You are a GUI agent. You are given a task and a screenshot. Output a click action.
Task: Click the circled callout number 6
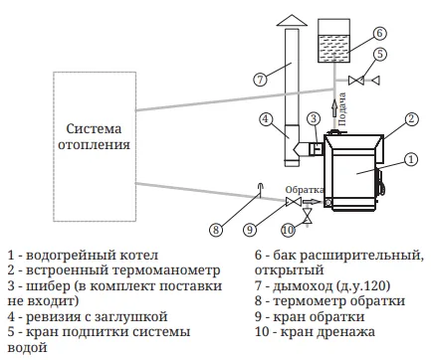(x=379, y=33)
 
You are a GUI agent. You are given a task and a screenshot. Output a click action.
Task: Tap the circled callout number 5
(x=380, y=54)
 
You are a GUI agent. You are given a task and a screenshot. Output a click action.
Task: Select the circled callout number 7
(x=260, y=80)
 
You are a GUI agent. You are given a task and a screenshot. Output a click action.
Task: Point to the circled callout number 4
(x=266, y=119)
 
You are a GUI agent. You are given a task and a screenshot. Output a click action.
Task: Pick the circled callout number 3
(x=314, y=118)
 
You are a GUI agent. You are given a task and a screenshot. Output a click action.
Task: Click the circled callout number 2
(x=411, y=119)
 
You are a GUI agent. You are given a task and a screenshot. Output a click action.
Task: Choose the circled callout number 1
(x=411, y=159)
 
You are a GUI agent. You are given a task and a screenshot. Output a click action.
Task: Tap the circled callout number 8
(x=216, y=230)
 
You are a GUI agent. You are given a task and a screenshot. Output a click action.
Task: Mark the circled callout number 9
(x=250, y=230)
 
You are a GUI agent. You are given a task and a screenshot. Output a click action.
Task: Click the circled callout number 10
(x=289, y=230)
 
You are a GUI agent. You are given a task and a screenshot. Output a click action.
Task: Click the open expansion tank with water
(x=333, y=41)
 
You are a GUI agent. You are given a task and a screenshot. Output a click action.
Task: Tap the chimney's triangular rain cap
(x=292, y=20)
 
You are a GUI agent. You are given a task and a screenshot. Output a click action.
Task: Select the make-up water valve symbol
(x=356, y=81)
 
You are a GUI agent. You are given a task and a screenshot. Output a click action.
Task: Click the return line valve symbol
(x=294, y=201)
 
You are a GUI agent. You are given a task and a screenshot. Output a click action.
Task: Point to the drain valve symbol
(x=308, y=217)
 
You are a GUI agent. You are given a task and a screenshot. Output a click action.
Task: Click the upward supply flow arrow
(x=334, y=108)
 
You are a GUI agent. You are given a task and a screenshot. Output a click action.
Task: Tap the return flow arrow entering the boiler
(x=311, y=201)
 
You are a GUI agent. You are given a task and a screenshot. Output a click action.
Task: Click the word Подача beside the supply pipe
(x=342, y=109)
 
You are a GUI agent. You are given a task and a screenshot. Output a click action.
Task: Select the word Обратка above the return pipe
(x=305, y=190)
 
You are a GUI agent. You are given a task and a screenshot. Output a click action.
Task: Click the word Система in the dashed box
(x=94, y=128)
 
